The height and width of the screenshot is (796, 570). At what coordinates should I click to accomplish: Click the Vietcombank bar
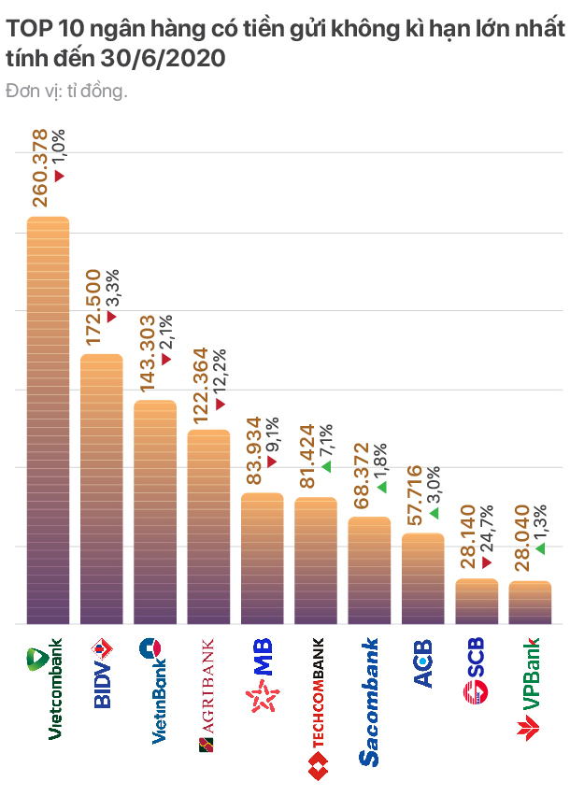click(48, 420)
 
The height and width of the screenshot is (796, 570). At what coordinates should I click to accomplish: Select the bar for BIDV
click(101, 489)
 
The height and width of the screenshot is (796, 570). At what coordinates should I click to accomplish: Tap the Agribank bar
click(208, 527)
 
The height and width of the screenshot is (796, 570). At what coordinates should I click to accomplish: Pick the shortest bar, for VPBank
click(530, 603)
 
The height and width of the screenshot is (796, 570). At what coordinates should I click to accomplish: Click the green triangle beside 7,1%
click(326, 465)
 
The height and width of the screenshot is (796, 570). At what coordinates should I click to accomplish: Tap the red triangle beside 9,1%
click(272, 462)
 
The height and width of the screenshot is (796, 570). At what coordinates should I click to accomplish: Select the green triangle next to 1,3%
click(540, 548)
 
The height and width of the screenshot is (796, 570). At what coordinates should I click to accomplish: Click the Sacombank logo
click(369, 702)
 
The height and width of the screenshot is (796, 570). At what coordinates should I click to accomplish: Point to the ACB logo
click(423, 664)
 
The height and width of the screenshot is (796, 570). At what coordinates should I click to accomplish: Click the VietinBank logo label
click(155, 690)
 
